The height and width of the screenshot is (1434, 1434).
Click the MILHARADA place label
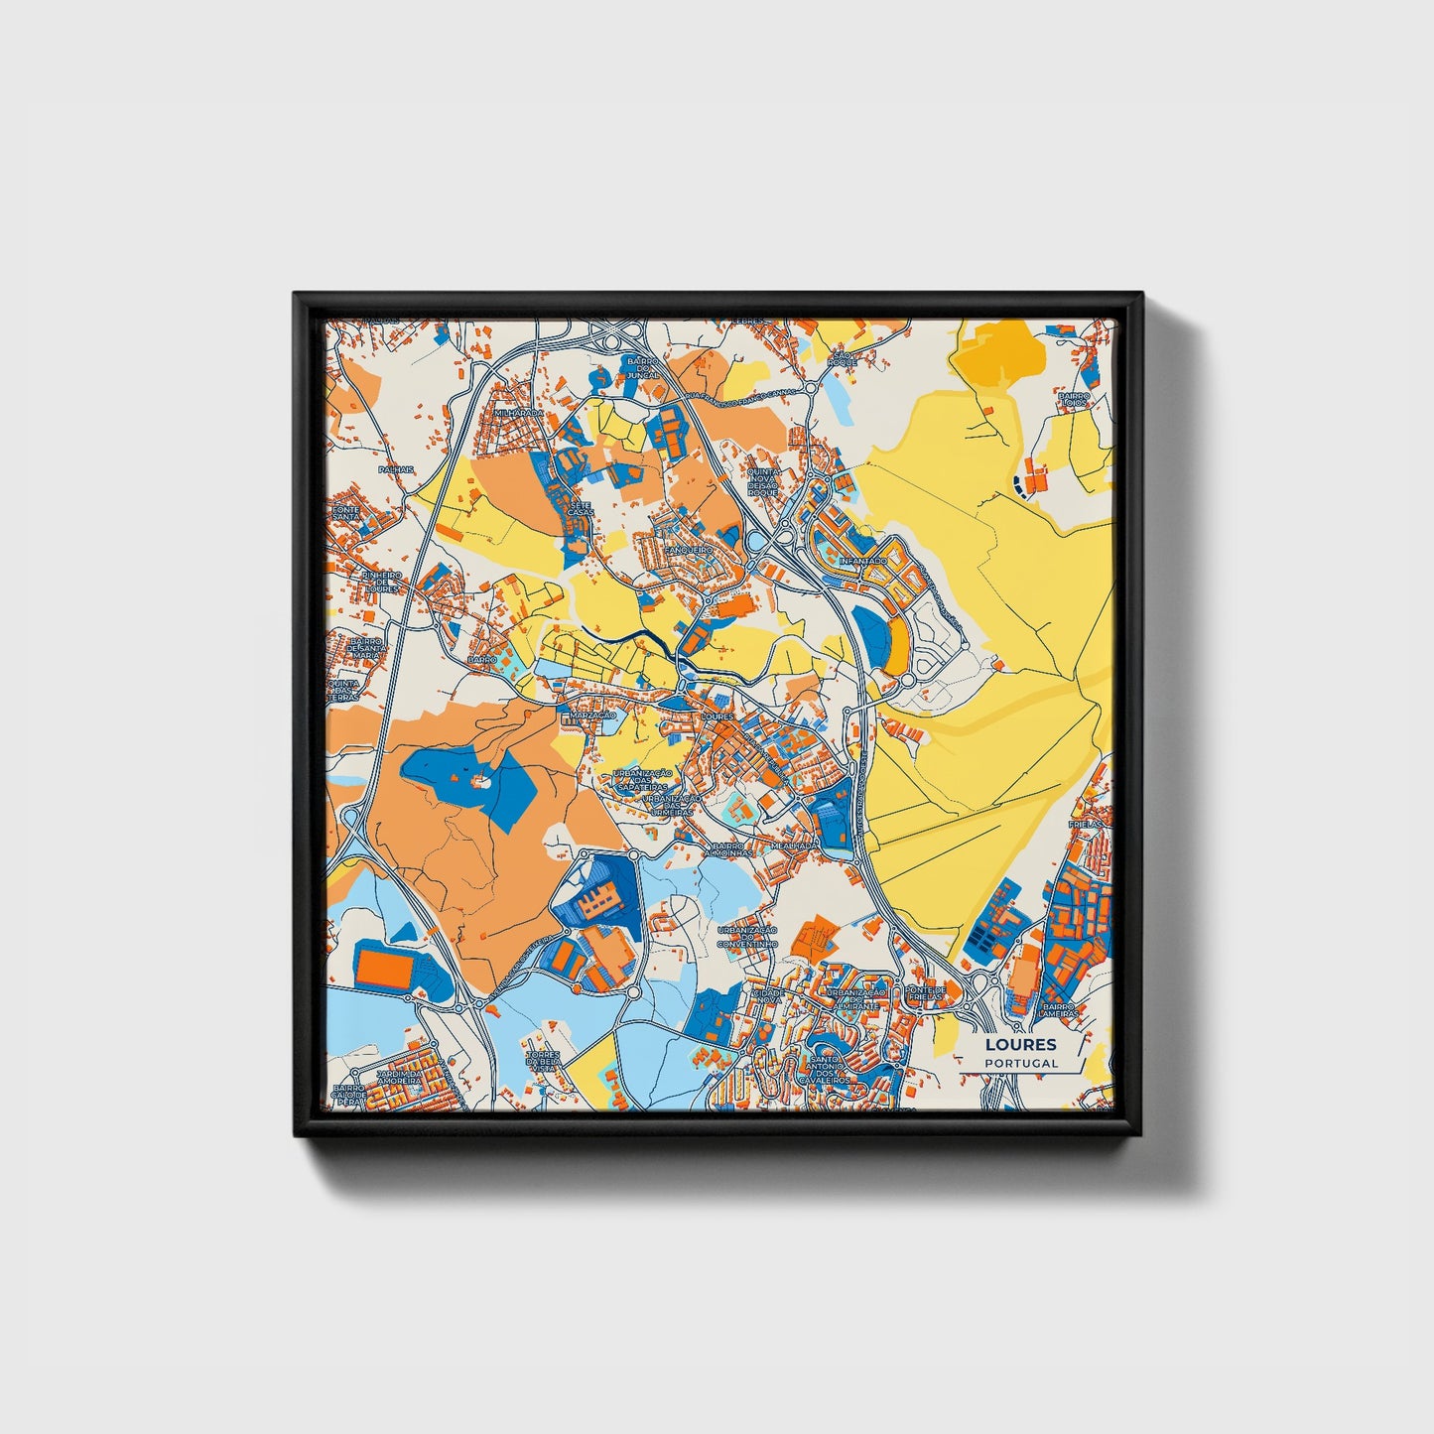tap(518, 413)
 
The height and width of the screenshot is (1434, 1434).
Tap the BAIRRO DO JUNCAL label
tap(642, 368)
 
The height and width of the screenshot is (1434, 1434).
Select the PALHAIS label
tap(395, 469)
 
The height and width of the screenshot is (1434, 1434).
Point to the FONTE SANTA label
tap(345, 510)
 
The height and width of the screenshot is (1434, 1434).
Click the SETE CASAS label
tap(580, 510)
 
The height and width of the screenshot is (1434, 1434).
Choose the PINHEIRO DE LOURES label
tap(380, 582)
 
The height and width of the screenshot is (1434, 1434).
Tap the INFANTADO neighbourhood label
tap(861, 561)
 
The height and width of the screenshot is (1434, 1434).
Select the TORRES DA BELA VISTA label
tap(544, 1061)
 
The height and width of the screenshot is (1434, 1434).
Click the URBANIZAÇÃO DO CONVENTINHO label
tap(746, 937)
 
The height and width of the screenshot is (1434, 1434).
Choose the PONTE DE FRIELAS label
tap(925, 994)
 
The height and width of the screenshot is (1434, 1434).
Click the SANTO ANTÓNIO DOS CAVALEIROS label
tap(830, 1070)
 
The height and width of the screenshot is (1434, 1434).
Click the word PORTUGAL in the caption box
tap(1021, 1063)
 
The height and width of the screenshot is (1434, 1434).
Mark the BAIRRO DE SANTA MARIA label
tap(365, 647)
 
